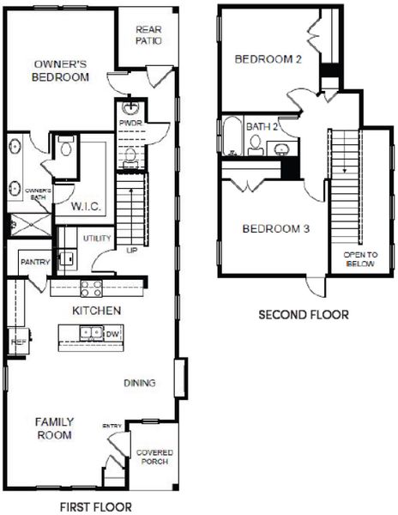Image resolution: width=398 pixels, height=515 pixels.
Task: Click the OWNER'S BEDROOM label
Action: [61, 70]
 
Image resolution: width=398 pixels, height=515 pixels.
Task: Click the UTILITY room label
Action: [93, 237]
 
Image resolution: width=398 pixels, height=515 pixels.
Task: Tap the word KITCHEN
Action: [96, 310]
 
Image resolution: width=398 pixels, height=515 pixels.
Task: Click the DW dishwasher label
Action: [112, 333]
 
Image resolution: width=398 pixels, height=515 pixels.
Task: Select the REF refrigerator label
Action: [15, 341]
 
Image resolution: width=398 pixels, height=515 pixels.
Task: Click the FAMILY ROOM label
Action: [54, 428]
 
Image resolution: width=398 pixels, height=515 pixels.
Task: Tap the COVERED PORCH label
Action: [154, 457]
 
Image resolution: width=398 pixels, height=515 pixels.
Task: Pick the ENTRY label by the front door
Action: [112, 426]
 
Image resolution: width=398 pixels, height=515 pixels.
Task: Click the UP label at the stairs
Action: [131, 250]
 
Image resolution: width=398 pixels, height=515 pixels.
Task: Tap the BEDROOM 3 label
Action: [275, 229]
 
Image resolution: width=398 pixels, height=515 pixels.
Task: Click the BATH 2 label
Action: [262, 126]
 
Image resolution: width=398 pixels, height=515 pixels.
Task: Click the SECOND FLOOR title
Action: [304, 315]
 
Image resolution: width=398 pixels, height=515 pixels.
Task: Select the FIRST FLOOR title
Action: [95, 506]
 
